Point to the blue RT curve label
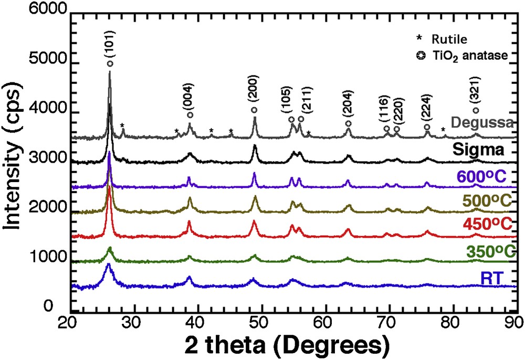tap(488, 277)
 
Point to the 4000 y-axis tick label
tap(38, 113)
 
